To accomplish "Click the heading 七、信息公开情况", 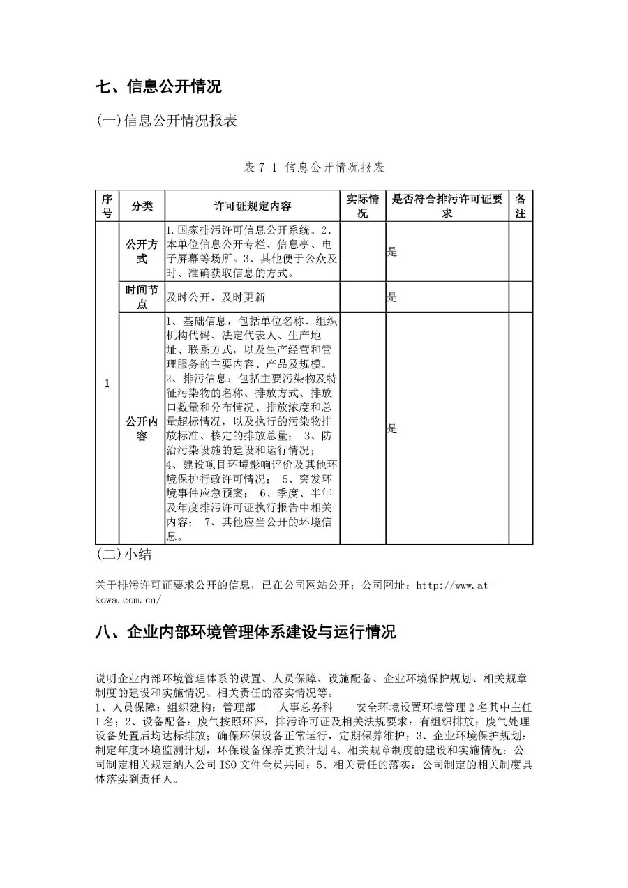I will coord(158,87).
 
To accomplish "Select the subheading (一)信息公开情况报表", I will coord(167,121).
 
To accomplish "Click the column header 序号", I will coord(107,206).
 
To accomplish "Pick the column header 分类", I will coord(142,206).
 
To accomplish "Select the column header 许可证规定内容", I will coord(252,206).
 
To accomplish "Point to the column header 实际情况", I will coord(362,206).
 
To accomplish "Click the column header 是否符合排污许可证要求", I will coord(447,206).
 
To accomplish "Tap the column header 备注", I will coord(520,206).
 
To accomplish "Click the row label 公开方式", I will coord(142,252).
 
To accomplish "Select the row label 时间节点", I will coord(142,297).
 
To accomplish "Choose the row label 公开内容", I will coord(142,428).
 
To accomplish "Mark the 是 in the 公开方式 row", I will coord(392,252).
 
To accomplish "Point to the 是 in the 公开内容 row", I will coord(392,428).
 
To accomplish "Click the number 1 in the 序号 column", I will coord(107,384).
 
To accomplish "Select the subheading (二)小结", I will coord(124,555).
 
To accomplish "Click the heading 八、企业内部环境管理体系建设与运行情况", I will coord(246,632).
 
